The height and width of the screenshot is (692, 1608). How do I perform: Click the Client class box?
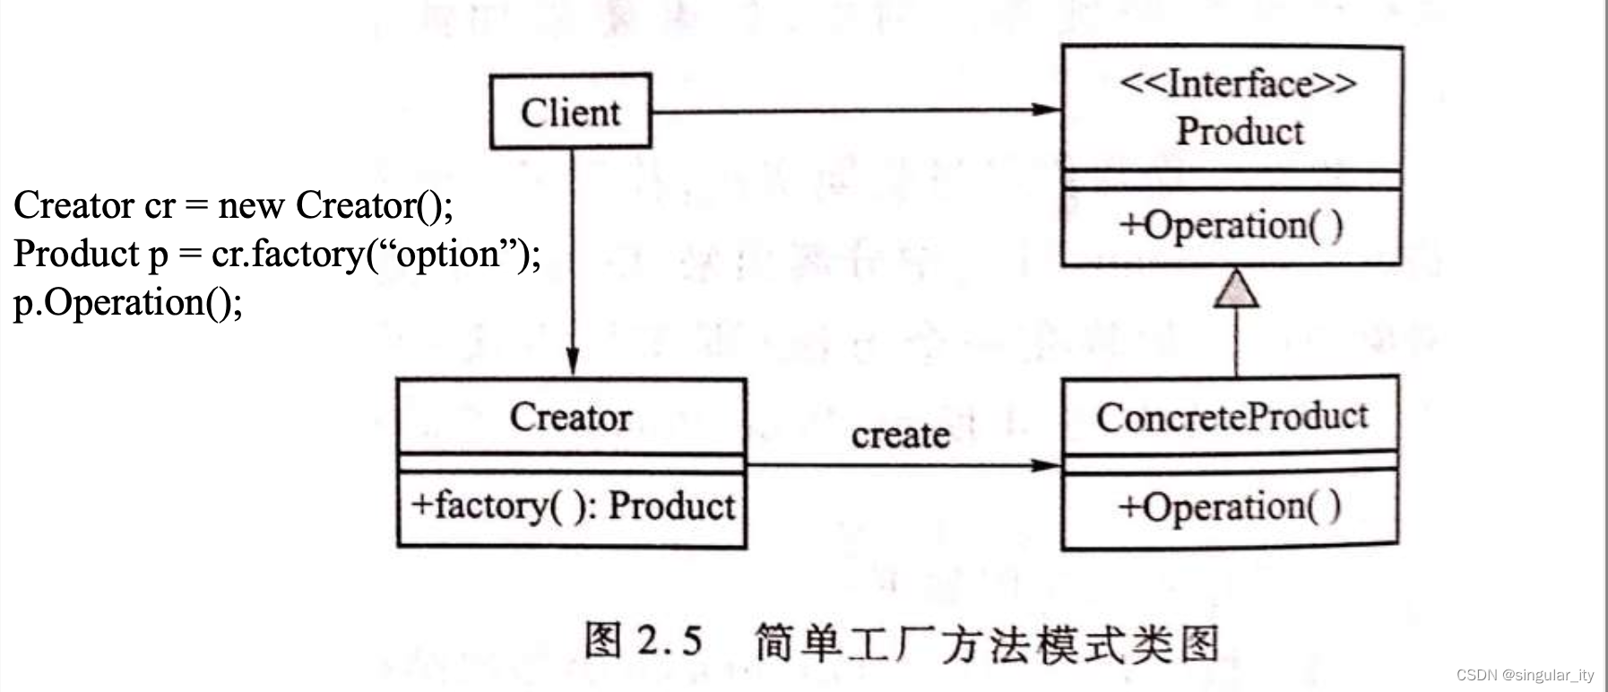pos(570,112)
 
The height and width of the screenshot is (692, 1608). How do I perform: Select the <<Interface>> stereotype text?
pos(1238,84)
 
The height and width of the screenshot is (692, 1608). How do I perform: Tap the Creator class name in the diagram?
pos(571,417)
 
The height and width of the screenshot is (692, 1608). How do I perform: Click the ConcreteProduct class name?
pos(1232,417)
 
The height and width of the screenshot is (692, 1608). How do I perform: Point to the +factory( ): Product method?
pos(572,506)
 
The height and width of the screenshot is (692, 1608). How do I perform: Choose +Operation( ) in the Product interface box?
pos(1231,224)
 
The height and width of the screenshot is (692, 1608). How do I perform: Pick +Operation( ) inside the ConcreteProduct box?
pos(1230,507)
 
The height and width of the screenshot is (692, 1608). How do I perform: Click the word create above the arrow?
pos(901,436)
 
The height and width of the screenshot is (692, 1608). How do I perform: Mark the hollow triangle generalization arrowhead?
pos(1236,289)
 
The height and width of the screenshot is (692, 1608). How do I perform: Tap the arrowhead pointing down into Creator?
pos(572,361)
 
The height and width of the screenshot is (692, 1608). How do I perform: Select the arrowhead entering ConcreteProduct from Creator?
pos(1046,465)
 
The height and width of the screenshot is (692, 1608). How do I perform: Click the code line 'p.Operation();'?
pos(128,303)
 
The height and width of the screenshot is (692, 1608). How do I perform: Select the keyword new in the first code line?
pos(251,206)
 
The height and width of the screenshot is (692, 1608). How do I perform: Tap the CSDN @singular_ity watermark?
pos(1526,675)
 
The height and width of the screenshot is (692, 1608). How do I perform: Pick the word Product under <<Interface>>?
pos(1240,132)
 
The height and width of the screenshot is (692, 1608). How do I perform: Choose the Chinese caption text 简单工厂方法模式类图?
pos(987,644)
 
